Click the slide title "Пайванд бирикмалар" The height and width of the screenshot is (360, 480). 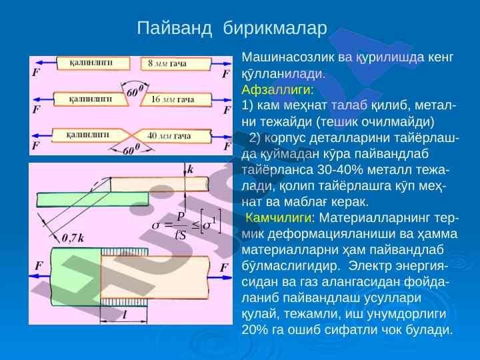[x=233, y=28]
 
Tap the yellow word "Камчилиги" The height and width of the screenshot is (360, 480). [x=279, y=218]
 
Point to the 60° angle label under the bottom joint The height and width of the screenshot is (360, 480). [x=133, y=151]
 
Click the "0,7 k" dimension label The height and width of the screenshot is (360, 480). [x=72, y=237]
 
